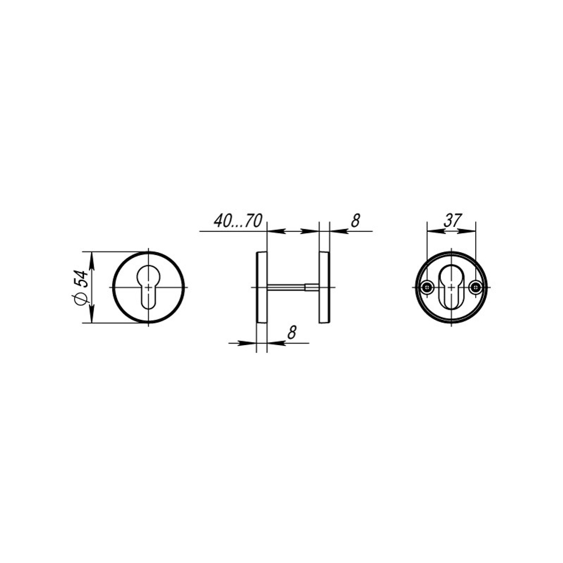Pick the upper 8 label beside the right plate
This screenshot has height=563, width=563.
pyautogui.click(x=355, y=221)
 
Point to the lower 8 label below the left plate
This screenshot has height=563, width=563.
pyautogui.click(x=291, y=333)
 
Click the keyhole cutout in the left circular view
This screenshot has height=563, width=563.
pyautogui.click(x=149, y=284)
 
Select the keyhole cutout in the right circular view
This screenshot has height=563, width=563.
pyautogui.click(x=452, y=287)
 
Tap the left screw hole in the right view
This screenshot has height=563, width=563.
pyautogui.click(x=428, y=288)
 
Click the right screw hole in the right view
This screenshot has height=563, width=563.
pyautogui.click(x=476, y=288)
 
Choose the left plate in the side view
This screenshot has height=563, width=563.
pyautogui.click(x=261, y=287)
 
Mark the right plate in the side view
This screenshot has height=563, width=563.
pyautogui.click(x=324, y=287)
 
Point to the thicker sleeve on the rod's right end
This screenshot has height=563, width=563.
pyautogui.click(x=311, y=288)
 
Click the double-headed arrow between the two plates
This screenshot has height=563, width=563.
pyautogui.click(x=293, y=231)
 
